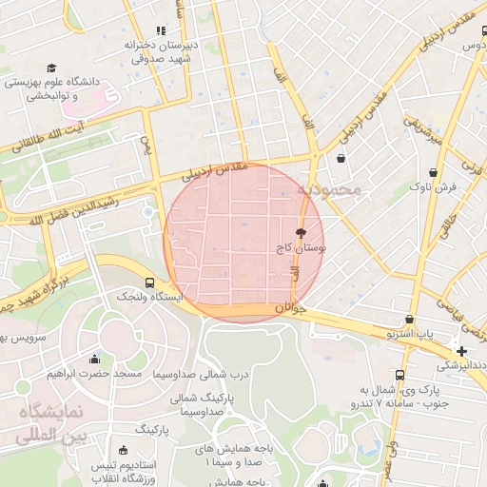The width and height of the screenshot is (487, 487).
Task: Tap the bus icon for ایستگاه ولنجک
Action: (148, 282)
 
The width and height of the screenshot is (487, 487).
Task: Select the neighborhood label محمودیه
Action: (329, 189)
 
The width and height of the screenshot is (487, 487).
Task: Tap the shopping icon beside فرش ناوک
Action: (435, 173)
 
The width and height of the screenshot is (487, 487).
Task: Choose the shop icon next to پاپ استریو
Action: (409, 320)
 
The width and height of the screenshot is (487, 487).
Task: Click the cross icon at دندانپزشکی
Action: (461, 351)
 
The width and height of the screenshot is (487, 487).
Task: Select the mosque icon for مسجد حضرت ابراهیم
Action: (94, 360)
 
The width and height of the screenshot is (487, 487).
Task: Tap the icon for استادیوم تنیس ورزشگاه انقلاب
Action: (122, 451)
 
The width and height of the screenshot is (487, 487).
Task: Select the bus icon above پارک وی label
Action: (399, 375)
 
